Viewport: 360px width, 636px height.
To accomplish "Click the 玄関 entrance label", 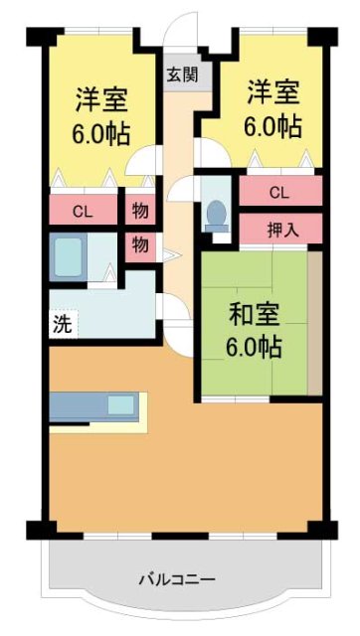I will pyautogui.click(x=182, y=75).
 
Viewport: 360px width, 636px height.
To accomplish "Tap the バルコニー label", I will pyautogui.click(x=176, y=578).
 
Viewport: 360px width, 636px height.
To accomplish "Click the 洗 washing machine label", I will pyautogui.click(x=62, y=323).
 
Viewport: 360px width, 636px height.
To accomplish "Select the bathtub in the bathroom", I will pyautogui.click(x=70, y=257).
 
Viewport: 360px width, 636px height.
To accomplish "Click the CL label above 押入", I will pyautogui.click(x=279, y=192).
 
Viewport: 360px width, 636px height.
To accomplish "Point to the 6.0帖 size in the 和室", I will pyautogui.click(x=255, y=348).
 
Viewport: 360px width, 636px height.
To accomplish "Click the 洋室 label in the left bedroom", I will pyautogui.click(x=101, y=100).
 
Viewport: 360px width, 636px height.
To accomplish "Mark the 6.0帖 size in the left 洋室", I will pyautogui.click(x=101, y=133).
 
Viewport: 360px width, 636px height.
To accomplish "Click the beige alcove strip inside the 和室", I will pyautogui.click(x=314, y=323).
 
